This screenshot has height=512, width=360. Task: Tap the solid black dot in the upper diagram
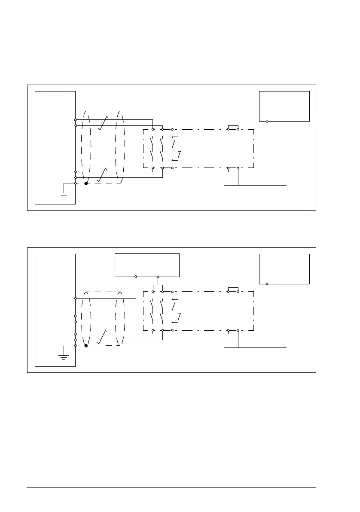pyautogui.click(x=86, y=183)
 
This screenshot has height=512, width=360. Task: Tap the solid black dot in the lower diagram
pyautogui.click(x=86, y=345)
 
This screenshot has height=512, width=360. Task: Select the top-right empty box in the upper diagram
pyautogui.click(x=284, y=106)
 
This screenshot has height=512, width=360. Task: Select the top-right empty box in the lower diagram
pyautogui.click(x=284, y=268)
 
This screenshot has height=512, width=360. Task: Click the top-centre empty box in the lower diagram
pyautogui.click(x=147, y=265)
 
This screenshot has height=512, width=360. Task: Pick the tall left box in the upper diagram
pyautogui.click(x=55, y=147)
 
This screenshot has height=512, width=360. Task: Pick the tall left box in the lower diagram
pyautogui.click(x=55, y=310)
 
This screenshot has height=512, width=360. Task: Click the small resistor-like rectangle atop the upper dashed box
pyautogui.click(x=233, y=128)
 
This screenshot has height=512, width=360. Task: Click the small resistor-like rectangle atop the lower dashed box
pyautogui.click(x=233, y=290)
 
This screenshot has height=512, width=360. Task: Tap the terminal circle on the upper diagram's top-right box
pyautogui.click(x=267, y=122)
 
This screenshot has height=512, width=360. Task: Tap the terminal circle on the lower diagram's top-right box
pyautogui.click(x=267, y=284)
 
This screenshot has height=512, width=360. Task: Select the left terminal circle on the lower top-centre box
pyautogui.click(x=136, y=277)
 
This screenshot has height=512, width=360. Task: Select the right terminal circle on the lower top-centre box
pyautogui.click(x=158, y=277)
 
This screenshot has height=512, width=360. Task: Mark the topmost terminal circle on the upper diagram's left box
pyautogui.click(x=76, y=120)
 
